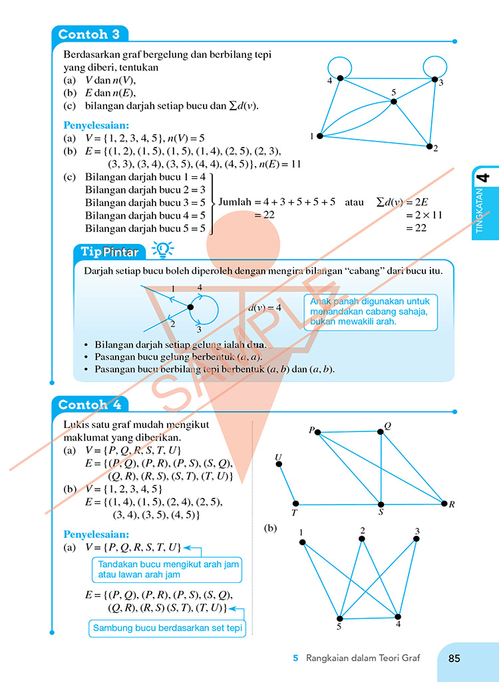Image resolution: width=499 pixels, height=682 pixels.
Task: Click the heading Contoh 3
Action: pos(89,35)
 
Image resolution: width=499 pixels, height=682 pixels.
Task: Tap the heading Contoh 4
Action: pos(90,405)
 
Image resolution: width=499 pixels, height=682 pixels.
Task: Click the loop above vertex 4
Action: pos(339,57)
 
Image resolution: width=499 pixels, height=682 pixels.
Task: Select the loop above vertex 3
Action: pos(434,57)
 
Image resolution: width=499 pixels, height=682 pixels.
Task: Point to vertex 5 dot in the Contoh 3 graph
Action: pos(394,101)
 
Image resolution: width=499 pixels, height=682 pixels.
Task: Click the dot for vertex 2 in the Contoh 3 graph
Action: pos(429,146)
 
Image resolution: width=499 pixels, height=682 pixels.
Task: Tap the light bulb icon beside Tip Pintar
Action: pos(163,249)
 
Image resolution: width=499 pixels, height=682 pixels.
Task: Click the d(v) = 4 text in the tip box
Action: pos(265,308)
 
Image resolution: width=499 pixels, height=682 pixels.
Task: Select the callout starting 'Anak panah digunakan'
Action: pos(371,312)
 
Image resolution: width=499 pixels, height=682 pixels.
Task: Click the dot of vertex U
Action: pos(279,464)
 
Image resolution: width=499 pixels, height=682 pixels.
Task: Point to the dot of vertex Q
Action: pos(381,431)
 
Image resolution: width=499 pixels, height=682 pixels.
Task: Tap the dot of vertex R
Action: pos(444,504)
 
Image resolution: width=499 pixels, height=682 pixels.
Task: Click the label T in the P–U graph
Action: pos(294,513)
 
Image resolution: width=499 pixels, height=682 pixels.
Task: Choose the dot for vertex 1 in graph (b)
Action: pos(302,542)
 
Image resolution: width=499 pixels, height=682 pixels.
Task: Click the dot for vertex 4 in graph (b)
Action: pos(398,617)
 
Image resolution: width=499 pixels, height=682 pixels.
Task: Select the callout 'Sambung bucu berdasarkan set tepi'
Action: pos(167,629)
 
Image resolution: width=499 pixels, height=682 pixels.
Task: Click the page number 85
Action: pos(454,659)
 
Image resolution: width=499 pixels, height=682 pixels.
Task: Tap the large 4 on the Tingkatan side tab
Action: pos(484,177)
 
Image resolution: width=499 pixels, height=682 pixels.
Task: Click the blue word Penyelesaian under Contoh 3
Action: pos(96,126)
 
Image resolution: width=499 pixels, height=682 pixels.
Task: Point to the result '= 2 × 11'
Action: pos(424,215)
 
